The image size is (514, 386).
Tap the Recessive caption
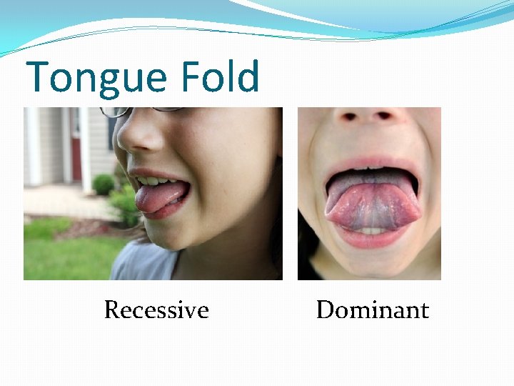(x=156, y=310)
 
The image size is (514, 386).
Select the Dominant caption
(x=372, y=310)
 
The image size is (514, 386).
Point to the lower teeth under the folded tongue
(x=370, y=231)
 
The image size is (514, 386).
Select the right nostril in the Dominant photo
(x=386, y=115)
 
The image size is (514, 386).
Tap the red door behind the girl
(x=76, y=147)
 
